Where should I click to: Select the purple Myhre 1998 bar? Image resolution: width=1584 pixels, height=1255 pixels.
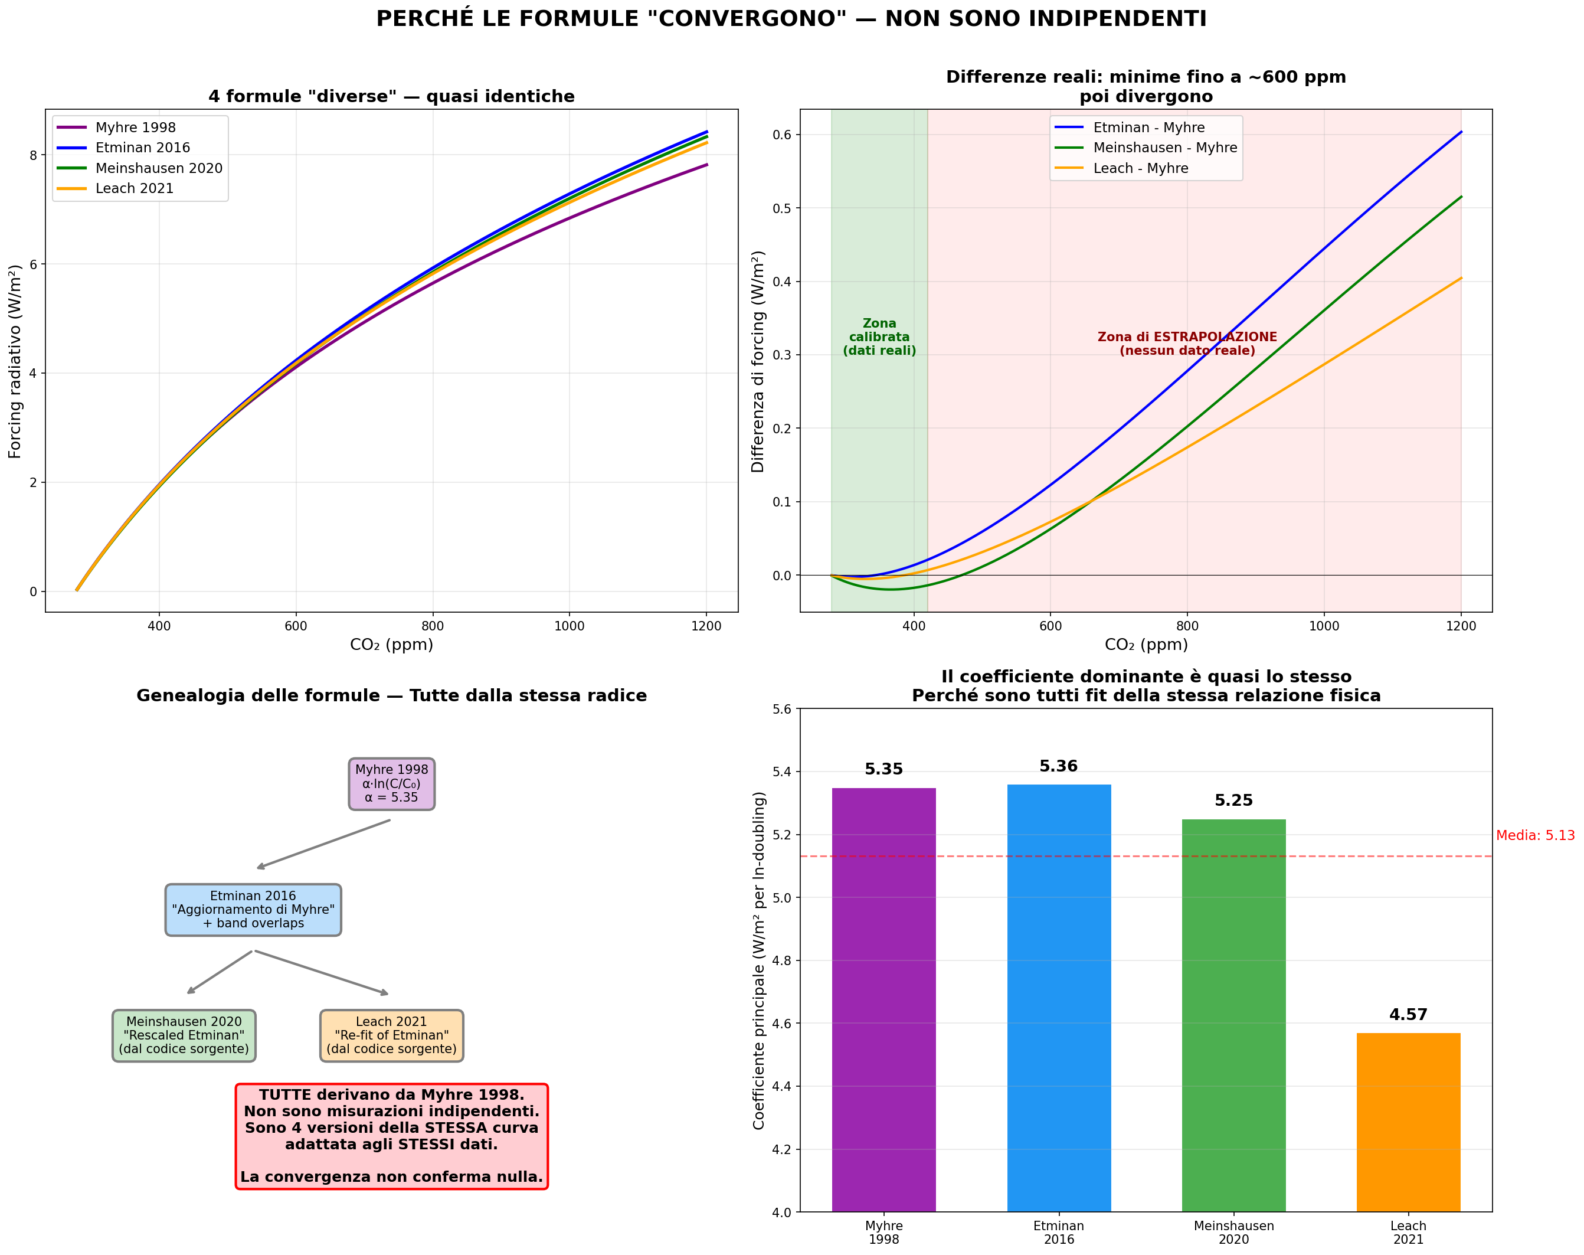tap(884, 999)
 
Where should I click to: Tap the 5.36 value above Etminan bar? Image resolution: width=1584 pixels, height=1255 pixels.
tap(1058, 766)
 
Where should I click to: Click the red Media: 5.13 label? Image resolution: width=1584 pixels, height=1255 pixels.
tap(1535, 835)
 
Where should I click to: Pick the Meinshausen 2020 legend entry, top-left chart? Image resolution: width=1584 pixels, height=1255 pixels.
tap(158, 168)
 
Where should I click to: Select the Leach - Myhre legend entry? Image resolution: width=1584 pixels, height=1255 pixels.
tap(1140, 168)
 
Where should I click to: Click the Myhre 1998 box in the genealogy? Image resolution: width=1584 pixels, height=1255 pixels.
tap(392, 784)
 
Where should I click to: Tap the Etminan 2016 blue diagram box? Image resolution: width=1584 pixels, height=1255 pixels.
tap(253, 910)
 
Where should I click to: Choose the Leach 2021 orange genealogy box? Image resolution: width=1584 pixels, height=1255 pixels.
tap(392, 1035)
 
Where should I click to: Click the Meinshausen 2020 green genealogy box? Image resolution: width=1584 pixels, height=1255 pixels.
tap(184, 1035)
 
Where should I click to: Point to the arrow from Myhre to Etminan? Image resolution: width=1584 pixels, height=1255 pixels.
tap(323, 844)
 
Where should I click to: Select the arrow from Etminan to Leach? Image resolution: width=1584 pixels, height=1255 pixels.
tap(321, 972)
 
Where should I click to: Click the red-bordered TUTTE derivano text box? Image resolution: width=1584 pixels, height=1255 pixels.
tap(392, 1135)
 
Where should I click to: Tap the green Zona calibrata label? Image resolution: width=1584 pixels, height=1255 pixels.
tap(879, 337)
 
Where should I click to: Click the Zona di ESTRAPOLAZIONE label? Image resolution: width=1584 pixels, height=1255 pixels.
tap(1187, 344)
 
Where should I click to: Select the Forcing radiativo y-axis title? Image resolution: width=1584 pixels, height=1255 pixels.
tap(15, 361)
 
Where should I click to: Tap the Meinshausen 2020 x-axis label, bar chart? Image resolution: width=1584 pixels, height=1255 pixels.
tap(1233, 1232)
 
